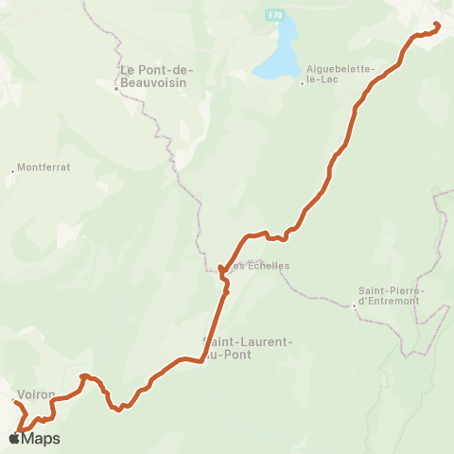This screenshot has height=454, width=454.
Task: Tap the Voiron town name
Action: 36,394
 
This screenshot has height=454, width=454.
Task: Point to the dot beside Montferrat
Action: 13,171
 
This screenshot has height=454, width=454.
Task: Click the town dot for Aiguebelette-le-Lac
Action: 302,83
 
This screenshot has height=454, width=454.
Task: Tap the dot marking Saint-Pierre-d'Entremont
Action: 353,305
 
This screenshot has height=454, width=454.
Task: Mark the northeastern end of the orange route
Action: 436,25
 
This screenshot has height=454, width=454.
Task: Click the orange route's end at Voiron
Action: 15,402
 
